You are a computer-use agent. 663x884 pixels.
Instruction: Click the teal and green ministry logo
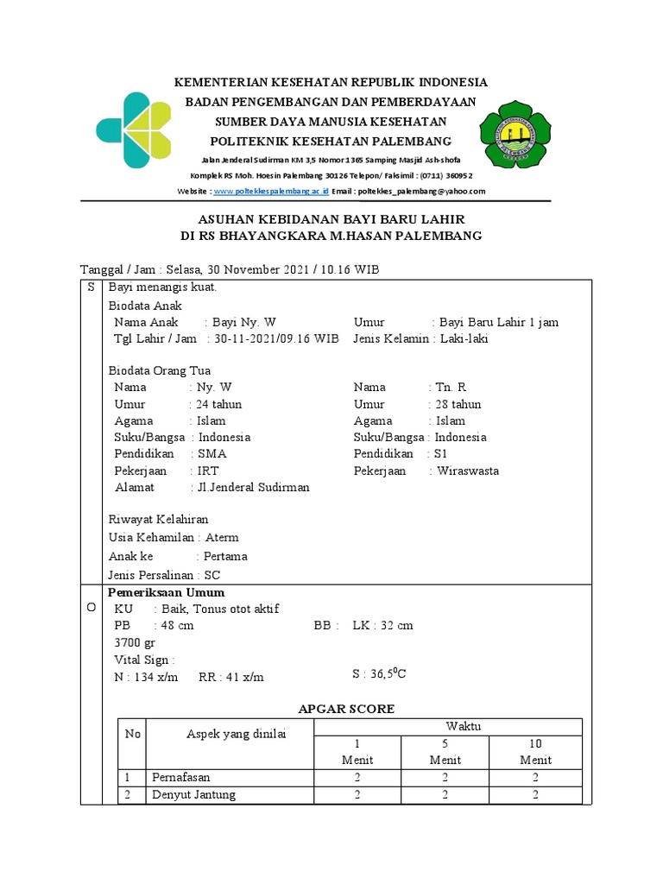[133, 129]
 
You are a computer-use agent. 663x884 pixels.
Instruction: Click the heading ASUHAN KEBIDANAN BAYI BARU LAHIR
[331, 219]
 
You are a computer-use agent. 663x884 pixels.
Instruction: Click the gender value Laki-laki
[463, 338]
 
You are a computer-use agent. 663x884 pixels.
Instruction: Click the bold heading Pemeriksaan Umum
[166, 592]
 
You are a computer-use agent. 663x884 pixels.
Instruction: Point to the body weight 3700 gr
[136, 642]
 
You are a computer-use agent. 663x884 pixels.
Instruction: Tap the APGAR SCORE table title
[346, 709]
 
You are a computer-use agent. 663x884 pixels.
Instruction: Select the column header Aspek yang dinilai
[236, 734]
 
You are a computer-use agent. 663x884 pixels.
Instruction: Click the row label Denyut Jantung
[193, 794]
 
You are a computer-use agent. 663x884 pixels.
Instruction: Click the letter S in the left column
[92, 287]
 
